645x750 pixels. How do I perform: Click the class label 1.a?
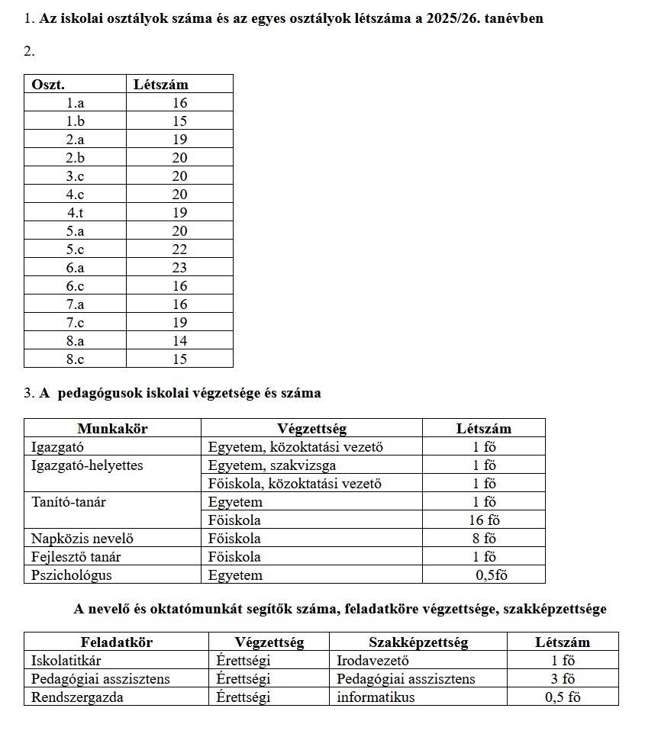(75, 103)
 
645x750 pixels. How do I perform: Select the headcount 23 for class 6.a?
(179, 268)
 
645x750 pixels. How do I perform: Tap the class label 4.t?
(75, 213)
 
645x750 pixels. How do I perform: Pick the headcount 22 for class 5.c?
(179, 249)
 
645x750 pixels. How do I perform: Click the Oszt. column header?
(48, 85)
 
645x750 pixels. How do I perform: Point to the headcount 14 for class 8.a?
(179, 341)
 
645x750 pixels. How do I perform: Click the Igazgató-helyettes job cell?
(87, 465)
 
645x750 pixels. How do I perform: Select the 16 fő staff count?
(484, 520)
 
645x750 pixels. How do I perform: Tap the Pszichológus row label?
(72, 575)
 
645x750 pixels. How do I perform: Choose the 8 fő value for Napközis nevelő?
(484, 539)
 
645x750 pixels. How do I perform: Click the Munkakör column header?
(112, 429)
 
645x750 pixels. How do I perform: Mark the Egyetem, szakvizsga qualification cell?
(272, 465)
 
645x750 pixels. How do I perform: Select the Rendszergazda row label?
(76, 697)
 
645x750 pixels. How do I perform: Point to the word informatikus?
(376, 697)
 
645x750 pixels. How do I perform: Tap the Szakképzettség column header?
(418, 642)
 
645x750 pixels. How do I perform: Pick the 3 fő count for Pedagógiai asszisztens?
(563, 679)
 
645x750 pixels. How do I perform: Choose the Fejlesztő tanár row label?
(76, 557)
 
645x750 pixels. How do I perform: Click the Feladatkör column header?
(117, 642)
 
